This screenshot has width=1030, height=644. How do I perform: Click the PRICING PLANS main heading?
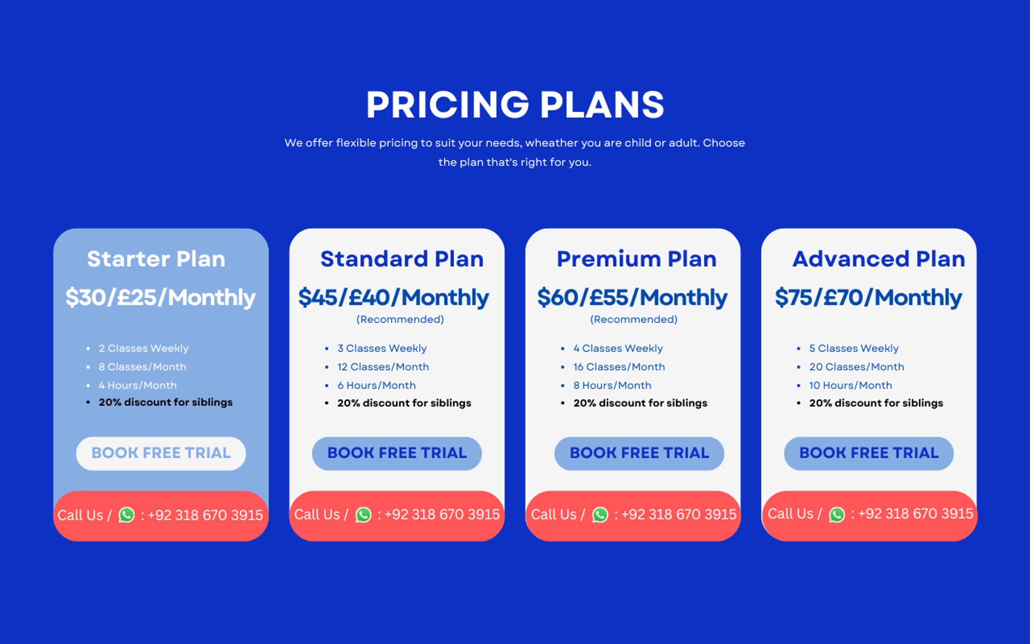point(515,104)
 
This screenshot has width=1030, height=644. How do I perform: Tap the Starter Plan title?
point(156,259)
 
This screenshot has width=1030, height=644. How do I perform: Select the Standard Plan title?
point(402,259)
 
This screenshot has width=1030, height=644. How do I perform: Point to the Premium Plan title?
point(636,259)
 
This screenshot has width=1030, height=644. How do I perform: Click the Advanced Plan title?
point(879,259)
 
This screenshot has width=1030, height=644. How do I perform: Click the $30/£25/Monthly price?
point(160,298)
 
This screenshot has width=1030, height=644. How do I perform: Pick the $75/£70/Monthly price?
point(869,298)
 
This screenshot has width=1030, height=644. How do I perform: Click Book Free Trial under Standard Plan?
point(397,453)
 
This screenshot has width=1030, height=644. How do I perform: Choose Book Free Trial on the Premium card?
point(639,453)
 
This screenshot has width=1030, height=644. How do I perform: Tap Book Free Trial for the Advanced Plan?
point(869,453)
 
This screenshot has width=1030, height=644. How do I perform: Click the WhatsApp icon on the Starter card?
point(127,515)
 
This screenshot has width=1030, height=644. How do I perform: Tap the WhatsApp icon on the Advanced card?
point(837,515)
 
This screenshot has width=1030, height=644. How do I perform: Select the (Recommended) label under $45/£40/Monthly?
point(400,320)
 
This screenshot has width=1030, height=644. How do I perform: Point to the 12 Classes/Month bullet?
point(383,367)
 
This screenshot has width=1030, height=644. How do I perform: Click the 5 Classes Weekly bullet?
point(854,349)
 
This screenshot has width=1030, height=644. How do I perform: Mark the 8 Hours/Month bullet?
point(612,385)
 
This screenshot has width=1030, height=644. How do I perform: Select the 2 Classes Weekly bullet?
point(143,349)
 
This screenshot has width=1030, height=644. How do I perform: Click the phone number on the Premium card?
point(679,515)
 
